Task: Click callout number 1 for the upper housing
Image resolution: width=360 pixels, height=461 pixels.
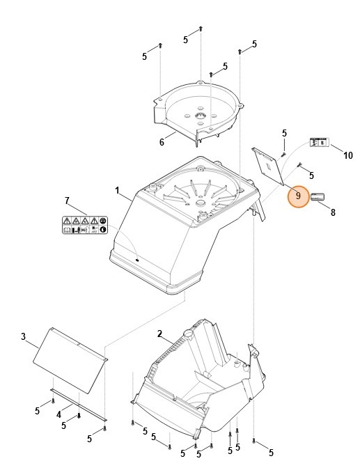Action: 117,190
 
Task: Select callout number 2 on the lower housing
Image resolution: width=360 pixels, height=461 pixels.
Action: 159,335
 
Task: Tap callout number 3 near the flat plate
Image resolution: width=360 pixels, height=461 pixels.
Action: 23,337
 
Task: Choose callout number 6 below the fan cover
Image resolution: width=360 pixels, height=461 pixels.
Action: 162,142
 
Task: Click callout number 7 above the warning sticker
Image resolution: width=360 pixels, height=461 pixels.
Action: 67,201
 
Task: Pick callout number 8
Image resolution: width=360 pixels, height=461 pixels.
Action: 333,212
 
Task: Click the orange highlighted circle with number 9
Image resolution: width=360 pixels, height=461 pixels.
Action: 298,196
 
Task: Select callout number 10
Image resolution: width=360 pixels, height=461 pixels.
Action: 348,155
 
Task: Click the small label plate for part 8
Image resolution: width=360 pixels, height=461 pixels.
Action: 318,198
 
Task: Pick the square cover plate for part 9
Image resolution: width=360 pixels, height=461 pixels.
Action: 268,164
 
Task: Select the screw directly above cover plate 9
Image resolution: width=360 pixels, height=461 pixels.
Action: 284,151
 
